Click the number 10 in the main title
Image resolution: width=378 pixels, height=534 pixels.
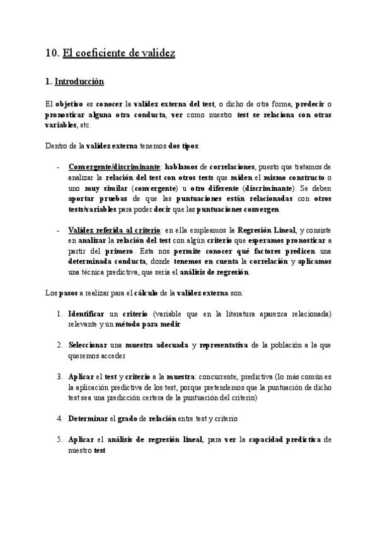(x=52, y=54)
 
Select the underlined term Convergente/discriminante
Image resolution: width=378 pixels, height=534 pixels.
(x=113, y=167)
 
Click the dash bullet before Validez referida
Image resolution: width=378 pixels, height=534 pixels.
(x=59, y=230)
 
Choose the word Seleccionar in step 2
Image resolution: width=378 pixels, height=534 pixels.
(x=88, y=346)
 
